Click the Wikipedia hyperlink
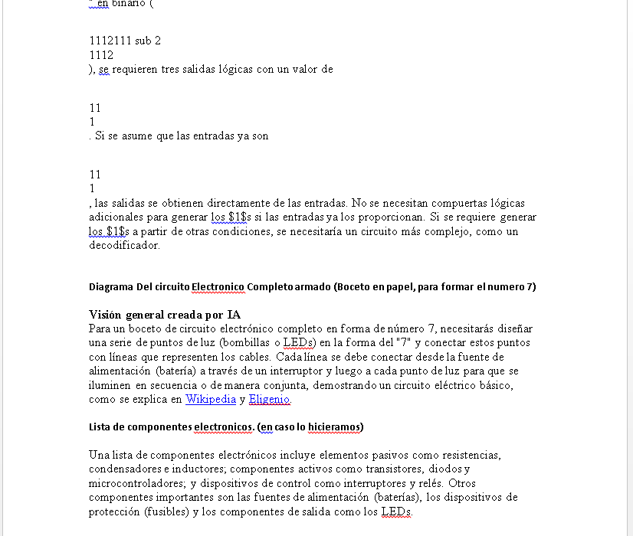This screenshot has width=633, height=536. coord(211,399)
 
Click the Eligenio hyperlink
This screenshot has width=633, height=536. coord(270,399)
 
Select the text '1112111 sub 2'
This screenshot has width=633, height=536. coord(125,41)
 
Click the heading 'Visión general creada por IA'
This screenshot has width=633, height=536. coord(165,315)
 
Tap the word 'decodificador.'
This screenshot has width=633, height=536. coord(124,245)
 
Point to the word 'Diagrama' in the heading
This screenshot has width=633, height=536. coord(111,287)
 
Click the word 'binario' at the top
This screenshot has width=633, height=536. coord(130,3)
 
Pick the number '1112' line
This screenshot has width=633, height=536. coord(101,55)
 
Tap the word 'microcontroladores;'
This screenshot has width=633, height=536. coord(136,482)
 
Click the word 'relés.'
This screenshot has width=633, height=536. coord(429,482)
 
